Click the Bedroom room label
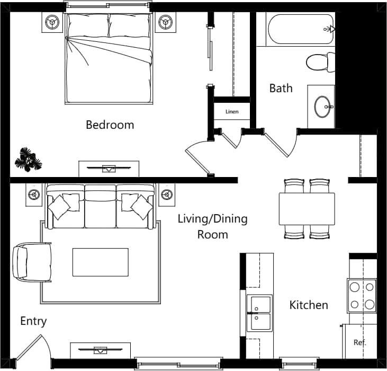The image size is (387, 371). tap(110, 125)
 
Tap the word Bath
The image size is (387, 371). tap(281, 88)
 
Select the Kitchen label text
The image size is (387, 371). tap(309, 305)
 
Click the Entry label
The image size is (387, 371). tap(33, 321)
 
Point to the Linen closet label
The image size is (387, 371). tap(232, 112)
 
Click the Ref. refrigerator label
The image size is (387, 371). tap(360, 342)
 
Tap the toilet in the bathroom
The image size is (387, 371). tap(321, 62)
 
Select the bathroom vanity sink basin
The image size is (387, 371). tap(322, 107)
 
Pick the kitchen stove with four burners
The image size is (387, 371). tap(362, 295)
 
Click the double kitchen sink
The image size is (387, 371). tap(260, 313)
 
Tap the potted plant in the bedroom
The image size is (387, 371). tap(28, 159)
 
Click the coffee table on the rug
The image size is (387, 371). tap(100, 262)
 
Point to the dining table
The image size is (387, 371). tap(307, 209)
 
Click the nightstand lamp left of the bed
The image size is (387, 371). tap(52, 22)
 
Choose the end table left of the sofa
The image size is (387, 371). tap(35, 195)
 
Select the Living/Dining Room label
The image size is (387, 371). tap(212, 226)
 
